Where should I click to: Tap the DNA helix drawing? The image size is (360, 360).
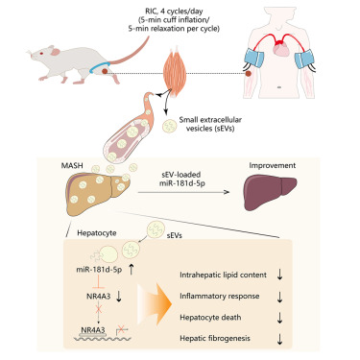click(91, 336)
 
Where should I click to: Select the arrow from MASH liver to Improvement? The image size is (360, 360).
click(192, 188)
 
